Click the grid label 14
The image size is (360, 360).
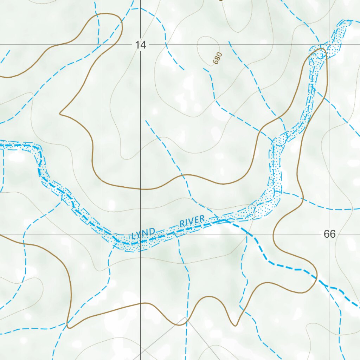click(x=140, y=45)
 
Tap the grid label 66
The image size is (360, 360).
click(x=330, y=234)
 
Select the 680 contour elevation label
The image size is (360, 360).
click(x=218, y=58)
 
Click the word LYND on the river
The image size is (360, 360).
click(x=143, y=233)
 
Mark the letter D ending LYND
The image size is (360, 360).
click(x=153, y=231)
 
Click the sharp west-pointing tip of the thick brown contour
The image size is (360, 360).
click(x=60, y=114)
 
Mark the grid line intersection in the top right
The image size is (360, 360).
click(x=330, y=45)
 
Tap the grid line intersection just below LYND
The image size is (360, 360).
click(x=140, y=234)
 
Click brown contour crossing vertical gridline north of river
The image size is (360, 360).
click(x=140, y=189)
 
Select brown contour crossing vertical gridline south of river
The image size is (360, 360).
click(x=140, y=304)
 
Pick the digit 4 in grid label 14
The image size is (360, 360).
click(x=143, y=45)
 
